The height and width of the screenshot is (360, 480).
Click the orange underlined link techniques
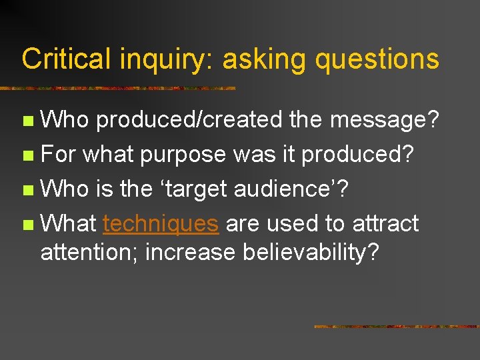pos(161,223)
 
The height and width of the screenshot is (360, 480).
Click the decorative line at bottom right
pos(396,327)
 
